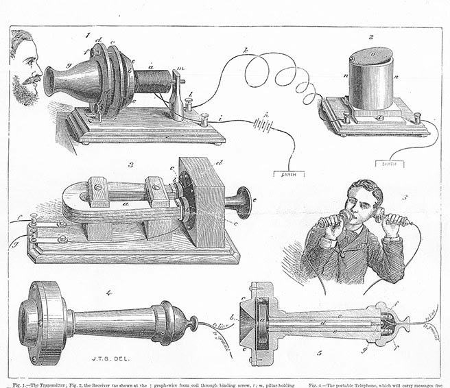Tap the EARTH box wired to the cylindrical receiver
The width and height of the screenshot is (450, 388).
point(388,164)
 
